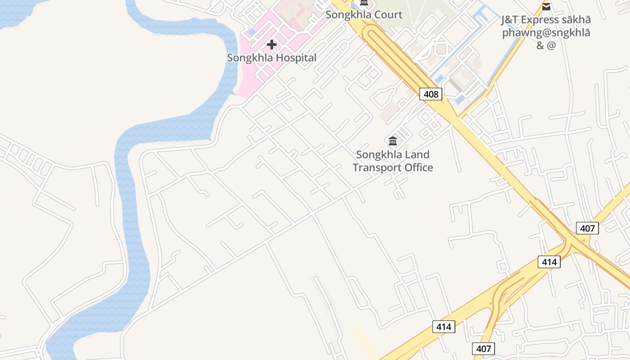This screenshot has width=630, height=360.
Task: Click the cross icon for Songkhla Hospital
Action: (272, 45)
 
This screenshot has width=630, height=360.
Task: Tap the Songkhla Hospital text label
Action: (271, 58)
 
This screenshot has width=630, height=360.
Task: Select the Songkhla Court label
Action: (364, 15)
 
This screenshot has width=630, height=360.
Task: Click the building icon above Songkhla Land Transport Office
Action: (393, 141)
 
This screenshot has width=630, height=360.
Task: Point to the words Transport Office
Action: (392, 167)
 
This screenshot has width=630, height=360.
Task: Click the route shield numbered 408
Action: (431, 94)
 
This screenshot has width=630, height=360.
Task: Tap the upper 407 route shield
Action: (587, 228)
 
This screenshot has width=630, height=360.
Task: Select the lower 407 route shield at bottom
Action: (483, 349)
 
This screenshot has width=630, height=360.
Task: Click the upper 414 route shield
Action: (549, 262)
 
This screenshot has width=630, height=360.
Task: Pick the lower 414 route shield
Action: (444, 327)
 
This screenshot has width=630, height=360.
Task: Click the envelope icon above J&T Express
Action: (546, 6)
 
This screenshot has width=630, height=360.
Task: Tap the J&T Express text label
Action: (546, 20)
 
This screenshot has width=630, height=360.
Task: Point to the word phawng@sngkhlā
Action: (546, 33)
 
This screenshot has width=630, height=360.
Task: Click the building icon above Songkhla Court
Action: (364, 3)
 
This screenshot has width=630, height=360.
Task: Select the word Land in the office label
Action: (418, 154)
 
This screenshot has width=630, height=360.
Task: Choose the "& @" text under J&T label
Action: (546, 45)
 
